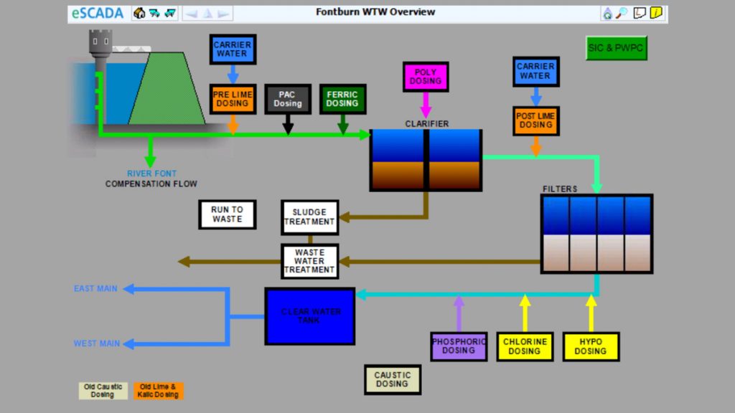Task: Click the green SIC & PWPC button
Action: [616, 48]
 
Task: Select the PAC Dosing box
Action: [288, 99]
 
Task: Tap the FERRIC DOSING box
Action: [342, 99]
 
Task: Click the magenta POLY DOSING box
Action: [426, 77]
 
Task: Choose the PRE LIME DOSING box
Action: [233, 98]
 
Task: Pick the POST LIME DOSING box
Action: [535, 120]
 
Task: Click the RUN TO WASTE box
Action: [227, 214]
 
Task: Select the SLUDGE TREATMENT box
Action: [309, 217]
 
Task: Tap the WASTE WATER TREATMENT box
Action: [309, 262]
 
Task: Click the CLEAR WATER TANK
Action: [310, 316]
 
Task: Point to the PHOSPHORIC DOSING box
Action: [459, 346]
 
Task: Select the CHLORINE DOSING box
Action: [525, 346]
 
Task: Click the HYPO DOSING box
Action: [591, 346]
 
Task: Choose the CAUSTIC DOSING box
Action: [392, 379]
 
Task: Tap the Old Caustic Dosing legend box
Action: [103, 391]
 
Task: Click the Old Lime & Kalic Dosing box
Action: [158, 391]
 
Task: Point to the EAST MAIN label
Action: [95, 289]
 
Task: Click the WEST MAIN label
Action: [96, 343]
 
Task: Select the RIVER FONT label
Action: [151, 174]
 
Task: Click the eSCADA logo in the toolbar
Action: [98, 13]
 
